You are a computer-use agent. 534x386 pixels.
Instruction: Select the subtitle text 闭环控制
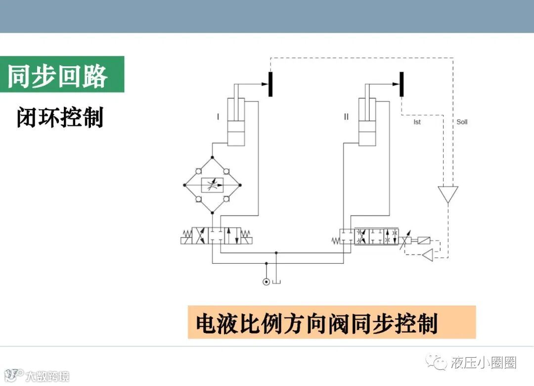[60, 118]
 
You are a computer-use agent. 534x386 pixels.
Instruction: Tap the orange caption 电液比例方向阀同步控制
[316, 324]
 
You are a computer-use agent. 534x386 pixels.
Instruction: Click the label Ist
[417, 122]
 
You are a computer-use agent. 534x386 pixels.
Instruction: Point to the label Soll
[462, 122]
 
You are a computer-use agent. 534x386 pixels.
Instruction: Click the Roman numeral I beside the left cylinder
[218, 117]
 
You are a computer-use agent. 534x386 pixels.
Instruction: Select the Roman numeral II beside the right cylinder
[346, 117]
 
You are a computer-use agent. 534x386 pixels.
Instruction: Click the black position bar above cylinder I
[270, 84]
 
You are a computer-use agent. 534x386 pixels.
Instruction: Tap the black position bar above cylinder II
[401, 84]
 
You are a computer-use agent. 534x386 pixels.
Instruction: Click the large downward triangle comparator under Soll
[448, 193]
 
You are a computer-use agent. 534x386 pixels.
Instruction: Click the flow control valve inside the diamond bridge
[212, 185]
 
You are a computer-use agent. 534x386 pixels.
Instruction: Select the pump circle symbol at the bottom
[266, 282]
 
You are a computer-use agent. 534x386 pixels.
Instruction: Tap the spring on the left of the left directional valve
[186, 232]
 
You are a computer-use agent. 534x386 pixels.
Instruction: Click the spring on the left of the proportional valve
[335, 241]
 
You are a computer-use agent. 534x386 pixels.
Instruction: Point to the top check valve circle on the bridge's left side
[198, 171]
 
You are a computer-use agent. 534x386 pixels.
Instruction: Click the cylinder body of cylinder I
[236, 121]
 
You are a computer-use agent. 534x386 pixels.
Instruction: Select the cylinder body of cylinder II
[367, 121]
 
